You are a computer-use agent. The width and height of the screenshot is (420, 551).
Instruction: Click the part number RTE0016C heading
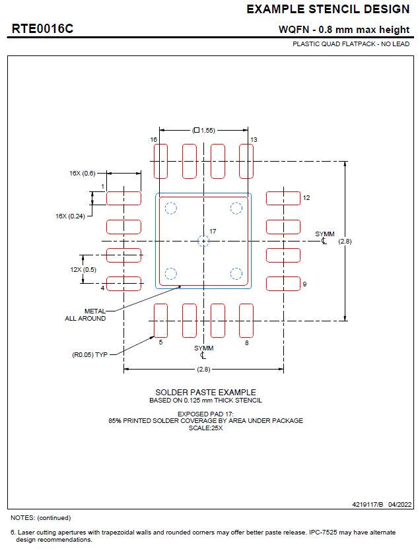point(42,29)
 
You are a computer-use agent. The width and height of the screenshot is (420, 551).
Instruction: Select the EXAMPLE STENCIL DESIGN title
point(328,9)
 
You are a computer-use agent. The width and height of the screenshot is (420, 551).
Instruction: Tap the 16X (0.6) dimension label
point(83,173)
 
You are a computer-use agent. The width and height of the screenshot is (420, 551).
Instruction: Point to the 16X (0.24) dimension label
point(71,216)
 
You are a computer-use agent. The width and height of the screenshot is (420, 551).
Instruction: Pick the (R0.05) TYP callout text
point(90,354)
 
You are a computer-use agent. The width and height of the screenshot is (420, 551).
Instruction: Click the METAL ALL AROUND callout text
point(85,315)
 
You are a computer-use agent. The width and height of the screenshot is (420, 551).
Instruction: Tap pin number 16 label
point(153,140)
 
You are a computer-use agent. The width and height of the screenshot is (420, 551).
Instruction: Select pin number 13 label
point(254,140)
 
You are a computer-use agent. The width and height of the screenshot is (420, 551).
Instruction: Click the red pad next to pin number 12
point(283,198)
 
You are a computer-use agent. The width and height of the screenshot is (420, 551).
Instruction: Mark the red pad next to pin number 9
point(283,284)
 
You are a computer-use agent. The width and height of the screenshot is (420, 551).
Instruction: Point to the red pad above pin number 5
point(160,321)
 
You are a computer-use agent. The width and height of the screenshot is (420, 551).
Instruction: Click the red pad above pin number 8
point(246,321)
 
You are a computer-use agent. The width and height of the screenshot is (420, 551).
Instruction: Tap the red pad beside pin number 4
point(123,284)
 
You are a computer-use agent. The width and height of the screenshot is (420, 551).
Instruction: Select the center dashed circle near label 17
point(203,242)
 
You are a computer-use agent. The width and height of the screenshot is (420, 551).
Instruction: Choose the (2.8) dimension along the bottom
point(203,369)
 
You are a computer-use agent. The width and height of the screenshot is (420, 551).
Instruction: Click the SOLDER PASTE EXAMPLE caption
point(205,392)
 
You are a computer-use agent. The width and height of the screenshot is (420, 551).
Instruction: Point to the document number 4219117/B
point(370,504)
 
